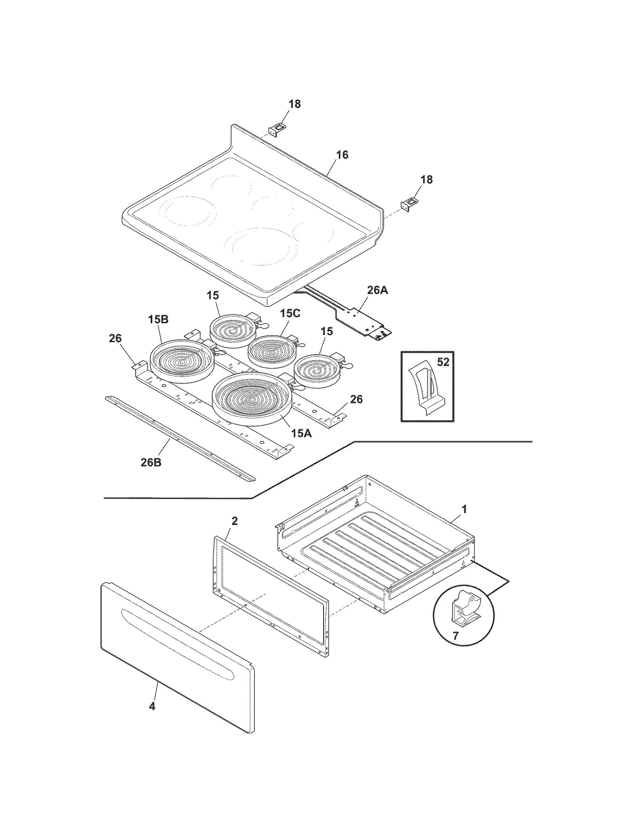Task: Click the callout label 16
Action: pyautogui.click(x=342, y=155)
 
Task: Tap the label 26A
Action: pyautogui.click(x=377, y=290)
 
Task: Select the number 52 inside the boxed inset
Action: pyautogui.click(x=443, y=362)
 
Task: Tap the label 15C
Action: pyautogui.click(x=290, y=313)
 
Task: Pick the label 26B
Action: pyautogui.click(x=151, y=462)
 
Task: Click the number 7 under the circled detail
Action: pyautogui.click(x=455, y=636)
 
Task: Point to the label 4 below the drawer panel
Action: pyautogui.click(x=152, y=706)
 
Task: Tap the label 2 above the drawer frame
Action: pyautogui.click(x=234, y=521)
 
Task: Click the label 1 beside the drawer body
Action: pyautogui.click(x=464, y=509)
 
